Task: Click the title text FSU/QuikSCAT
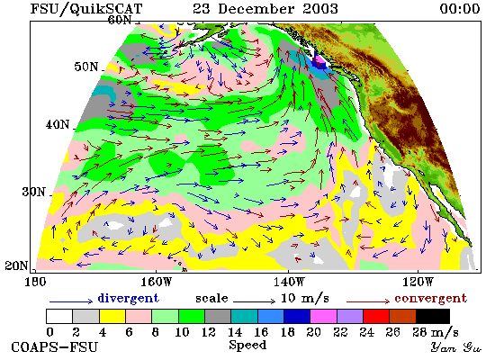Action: (86, 9)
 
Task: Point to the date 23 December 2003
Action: (265, 8)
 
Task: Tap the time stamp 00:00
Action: (460, 8)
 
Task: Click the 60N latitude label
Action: (120, 20)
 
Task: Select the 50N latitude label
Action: (86, 67)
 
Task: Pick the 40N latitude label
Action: (58, 124)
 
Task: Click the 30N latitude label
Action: (33, 192)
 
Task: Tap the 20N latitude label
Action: (16, 265)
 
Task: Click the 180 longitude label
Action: (35, 282)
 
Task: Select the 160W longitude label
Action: (157, 282)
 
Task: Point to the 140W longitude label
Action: (289, 282)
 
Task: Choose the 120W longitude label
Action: (418, 282)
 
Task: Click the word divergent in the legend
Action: (128, 298)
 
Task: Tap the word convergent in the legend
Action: (430, 298)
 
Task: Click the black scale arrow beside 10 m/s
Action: (254, 301)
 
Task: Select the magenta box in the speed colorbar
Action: (323, 317)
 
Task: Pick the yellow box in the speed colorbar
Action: (112, 317)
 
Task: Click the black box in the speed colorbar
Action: (433, 317)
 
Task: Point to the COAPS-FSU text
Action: (54, 347)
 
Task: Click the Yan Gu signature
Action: (456, 347)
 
